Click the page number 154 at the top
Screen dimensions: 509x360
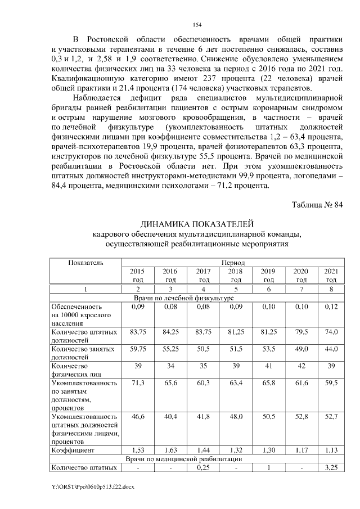pyautogui.click(x=197, y=25)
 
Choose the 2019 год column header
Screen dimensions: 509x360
pyautogui.click(x=269, y=276)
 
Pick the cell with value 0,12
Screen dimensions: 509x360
pyautogui.click(x=331, y=307)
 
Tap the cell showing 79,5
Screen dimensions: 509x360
pyautogui.click(x=301, y=332)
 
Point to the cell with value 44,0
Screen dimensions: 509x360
pyautogui.click(x=331, y=349)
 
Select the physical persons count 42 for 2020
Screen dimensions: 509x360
pyautogui.click(x=301, y=366)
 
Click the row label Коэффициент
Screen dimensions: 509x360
pyautogui.click(x=72, y=451)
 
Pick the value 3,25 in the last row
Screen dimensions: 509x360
pyautogui.click(x=331, y=467)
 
